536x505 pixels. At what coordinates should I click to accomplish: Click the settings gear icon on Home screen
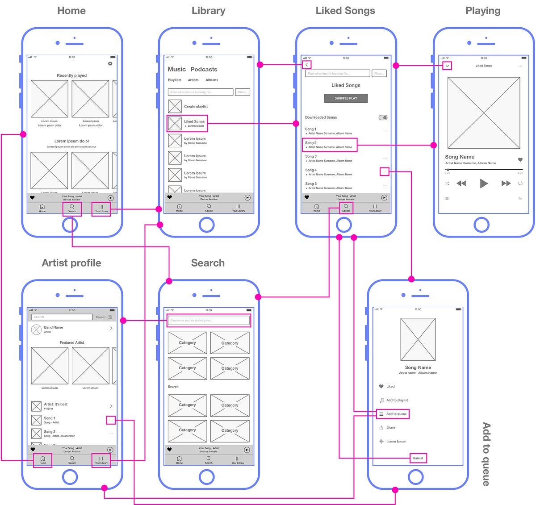(110, 64)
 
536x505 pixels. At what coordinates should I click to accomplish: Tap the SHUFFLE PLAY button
(346, 98)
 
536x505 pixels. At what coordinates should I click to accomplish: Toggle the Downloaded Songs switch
(383, 117)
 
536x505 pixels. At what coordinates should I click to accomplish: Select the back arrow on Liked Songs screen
(306, 65)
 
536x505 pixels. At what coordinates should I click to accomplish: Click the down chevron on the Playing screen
(447, 66)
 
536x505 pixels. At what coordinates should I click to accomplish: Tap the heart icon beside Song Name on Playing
(520, 159)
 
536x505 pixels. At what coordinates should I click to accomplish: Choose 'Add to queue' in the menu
(393, 414)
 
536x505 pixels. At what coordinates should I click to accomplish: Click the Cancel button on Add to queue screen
(418, 458)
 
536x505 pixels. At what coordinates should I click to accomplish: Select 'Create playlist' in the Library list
(196, 106)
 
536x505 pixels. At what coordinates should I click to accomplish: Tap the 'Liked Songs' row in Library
(187, 123)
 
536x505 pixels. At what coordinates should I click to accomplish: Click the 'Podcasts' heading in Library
(204, 69)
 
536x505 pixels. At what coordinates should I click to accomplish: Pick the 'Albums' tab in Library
(212, 80)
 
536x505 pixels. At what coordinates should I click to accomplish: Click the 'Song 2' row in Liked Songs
(330, 145)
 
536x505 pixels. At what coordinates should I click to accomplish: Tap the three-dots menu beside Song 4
(385, 172)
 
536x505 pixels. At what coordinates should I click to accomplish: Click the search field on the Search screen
(209, 321)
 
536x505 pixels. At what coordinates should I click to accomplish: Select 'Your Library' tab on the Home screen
(101, 209)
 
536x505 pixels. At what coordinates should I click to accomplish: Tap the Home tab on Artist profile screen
(42, 460)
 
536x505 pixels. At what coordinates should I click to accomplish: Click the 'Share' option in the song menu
(390, 428)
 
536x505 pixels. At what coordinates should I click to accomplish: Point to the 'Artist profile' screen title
(71, 263)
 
